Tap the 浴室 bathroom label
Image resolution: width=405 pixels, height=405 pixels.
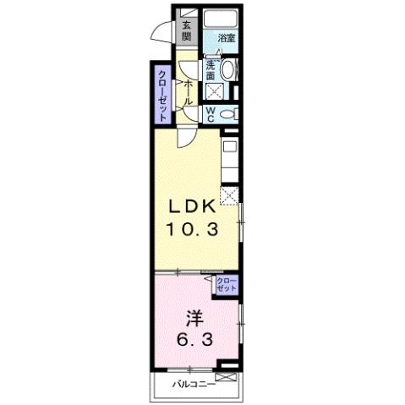click(225, 38)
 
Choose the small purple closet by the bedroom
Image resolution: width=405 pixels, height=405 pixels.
click(227, 284)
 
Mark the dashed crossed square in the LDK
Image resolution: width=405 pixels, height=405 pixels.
click(228, 195)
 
